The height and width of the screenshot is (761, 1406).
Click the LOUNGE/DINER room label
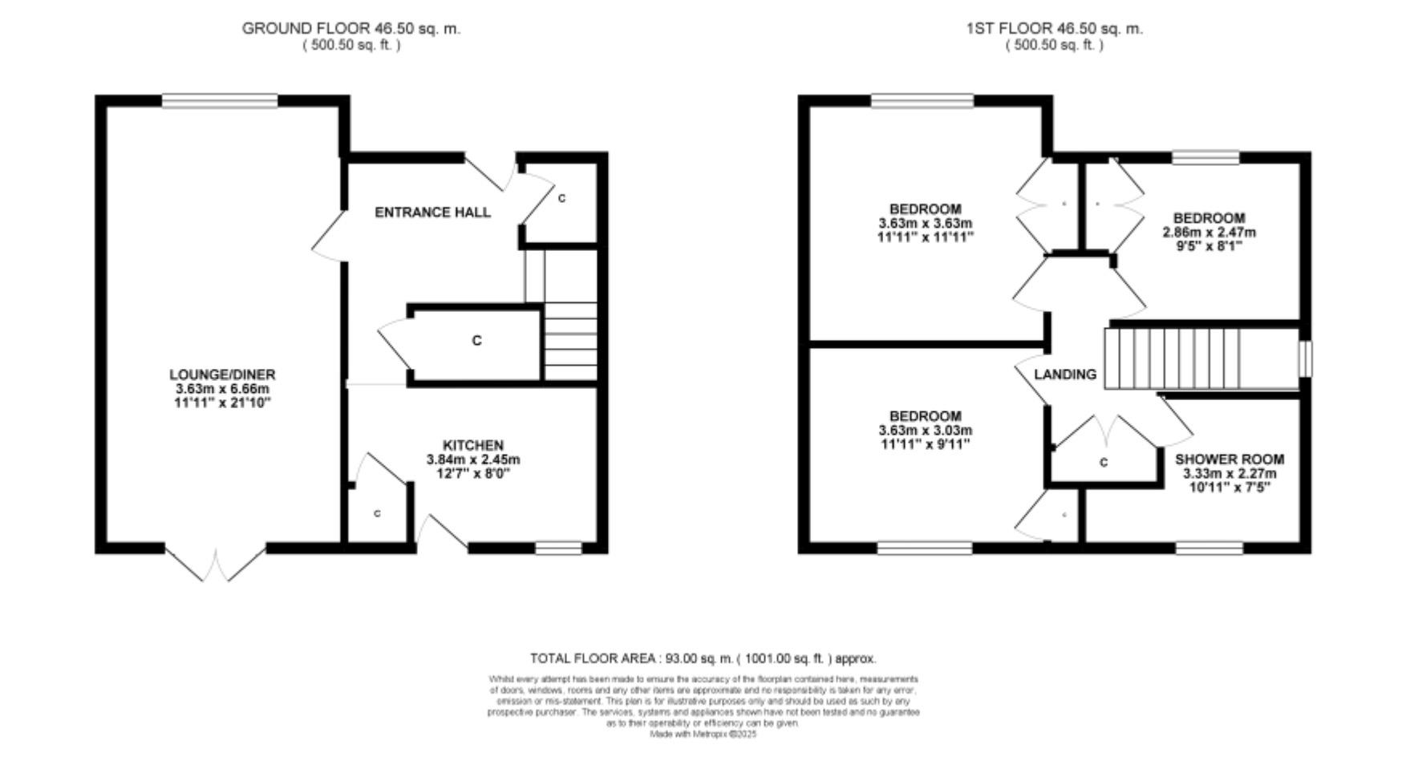pyautogui.click(x=222, y=374)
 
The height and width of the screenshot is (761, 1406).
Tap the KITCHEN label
pyautogui.click(x=473, y=445)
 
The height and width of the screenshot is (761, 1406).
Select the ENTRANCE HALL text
pyautogui.click(x=432, y=213)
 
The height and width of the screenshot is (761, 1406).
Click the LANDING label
pyautogui.click(x=1064, y=374)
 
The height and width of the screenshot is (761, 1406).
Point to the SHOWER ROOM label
pyautogui.click(x=1229, y=459)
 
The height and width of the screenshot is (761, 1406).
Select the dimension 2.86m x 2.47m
pyautogui.click(x=1209, y=233)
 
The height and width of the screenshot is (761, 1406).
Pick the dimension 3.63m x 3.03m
pyautogui.click(x=925, y=431)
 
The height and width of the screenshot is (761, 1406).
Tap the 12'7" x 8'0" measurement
pyautogui.click(x=473, y=474)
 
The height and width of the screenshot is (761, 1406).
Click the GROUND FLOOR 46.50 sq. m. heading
pyautogui.click(x=351, y=29)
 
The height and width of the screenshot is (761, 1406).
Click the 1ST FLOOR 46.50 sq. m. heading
pyautogui.click(x=1054, y=29)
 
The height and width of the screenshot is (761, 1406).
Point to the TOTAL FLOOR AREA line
pyautogui.click(x=703, y=658)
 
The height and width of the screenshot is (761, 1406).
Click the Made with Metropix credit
pyautogui.click(x=703, y=734)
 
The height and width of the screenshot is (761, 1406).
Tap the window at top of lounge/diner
pyautogui.click(x=220, y=100)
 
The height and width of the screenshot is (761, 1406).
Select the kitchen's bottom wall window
pyautogui.click(x=558, y=548)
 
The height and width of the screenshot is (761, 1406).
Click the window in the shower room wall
pyautogui.click(x=1209, y=548)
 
